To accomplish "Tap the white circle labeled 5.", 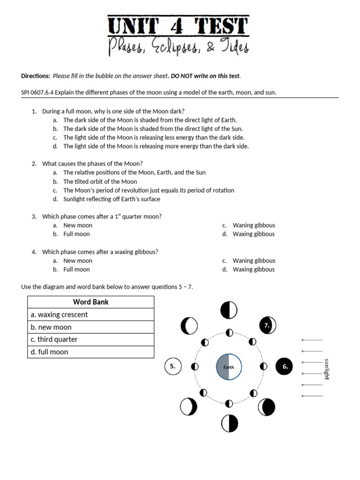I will tap(173, 367).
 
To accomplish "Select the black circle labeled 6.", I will tap(285, 367).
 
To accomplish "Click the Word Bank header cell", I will tap(90, 302).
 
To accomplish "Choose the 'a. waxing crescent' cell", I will tap(90, 315).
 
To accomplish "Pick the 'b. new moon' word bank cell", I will tap(90, 327).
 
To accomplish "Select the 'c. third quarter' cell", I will tap(90, 339).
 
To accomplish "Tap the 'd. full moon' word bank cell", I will tap(90, 352).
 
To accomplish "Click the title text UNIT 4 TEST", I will tap(178, 26).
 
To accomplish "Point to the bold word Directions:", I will tap(36, 76).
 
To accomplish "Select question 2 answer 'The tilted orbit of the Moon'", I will tap(100, 181).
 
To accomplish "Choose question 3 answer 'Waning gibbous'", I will tap(254, 225).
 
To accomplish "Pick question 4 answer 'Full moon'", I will tap(76, 269).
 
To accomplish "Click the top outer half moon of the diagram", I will tap(229, 310).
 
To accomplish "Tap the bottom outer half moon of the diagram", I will tap(229, 423).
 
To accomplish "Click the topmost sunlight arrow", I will tap(312, 340).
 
